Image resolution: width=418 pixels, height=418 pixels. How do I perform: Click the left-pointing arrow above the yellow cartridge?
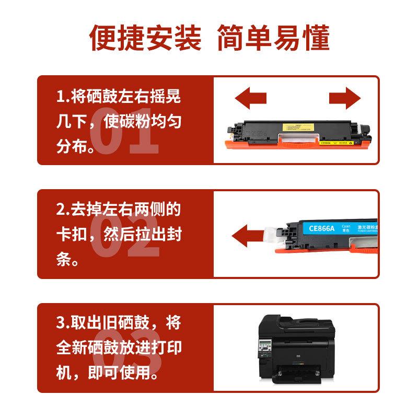(250, 98)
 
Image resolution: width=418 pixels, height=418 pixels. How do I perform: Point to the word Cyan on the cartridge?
(346, 222)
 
